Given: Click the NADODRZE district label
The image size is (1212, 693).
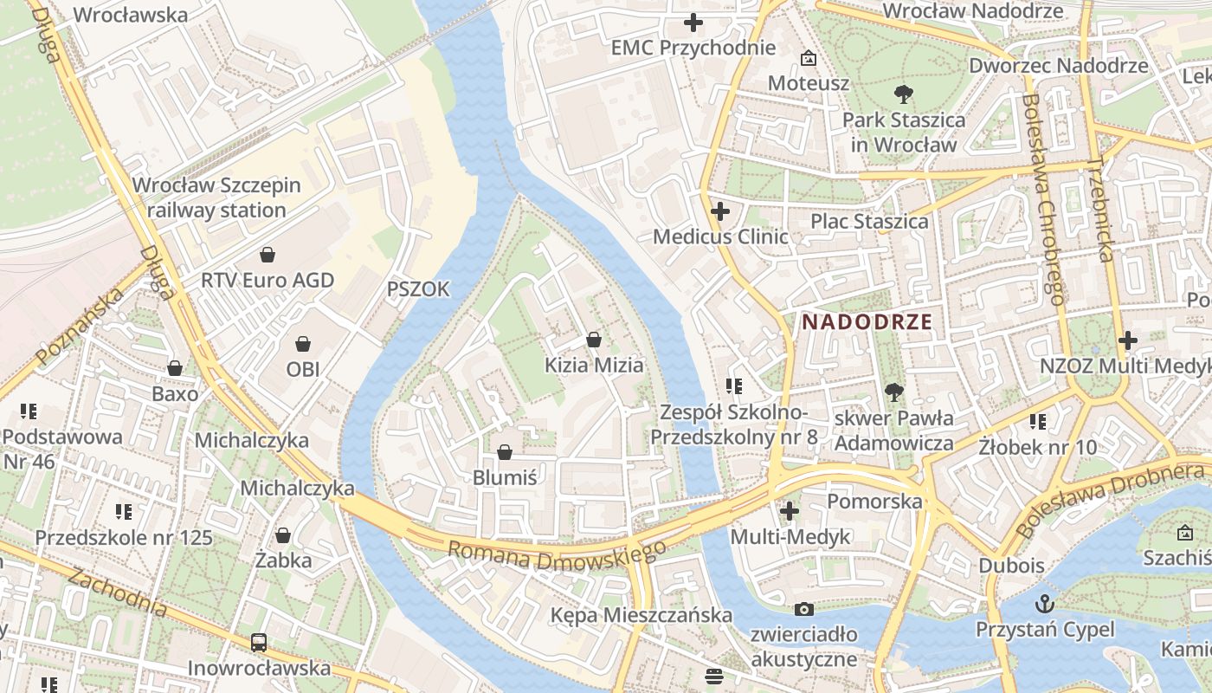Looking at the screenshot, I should point(867,322).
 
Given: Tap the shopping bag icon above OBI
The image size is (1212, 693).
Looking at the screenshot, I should point(303,344).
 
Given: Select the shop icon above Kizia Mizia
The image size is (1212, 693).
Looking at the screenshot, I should point(593,340).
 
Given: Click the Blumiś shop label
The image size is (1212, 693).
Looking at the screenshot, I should point(505,477).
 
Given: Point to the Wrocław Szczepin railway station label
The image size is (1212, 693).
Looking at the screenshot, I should point(216,198).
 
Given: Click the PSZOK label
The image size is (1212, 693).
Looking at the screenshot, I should point(418,289).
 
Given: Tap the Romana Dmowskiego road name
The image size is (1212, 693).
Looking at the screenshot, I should point(557,554).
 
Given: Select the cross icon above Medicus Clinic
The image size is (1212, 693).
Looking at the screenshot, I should point(719,210).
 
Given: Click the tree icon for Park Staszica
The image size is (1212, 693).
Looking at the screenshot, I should point(904,94).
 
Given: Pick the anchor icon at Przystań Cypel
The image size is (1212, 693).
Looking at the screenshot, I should point(1045,603).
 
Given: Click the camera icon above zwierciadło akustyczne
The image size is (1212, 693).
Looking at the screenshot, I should point(804,609).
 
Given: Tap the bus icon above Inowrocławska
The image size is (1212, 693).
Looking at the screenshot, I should point(259,643).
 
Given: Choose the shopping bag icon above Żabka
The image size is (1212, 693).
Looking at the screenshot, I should point(283,535).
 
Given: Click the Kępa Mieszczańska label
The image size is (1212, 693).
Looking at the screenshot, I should point(641,615).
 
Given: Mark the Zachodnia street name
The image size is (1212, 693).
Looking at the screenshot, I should point(117,592).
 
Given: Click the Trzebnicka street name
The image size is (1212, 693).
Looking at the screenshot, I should point(1099,210).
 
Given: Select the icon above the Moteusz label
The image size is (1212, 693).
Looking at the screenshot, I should point(809,58).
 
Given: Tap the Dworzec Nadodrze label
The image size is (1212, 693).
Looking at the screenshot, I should point(1058,66).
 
